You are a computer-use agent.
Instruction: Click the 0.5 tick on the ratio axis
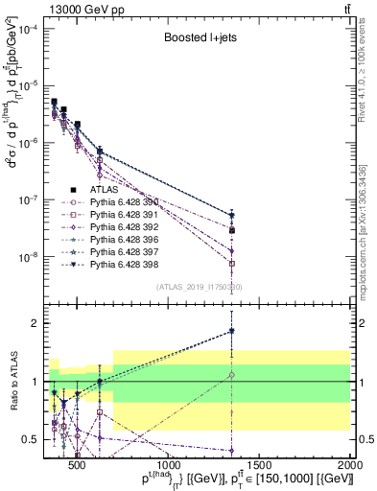(31, 439)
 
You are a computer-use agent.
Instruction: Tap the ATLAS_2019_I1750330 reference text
(200, 287)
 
